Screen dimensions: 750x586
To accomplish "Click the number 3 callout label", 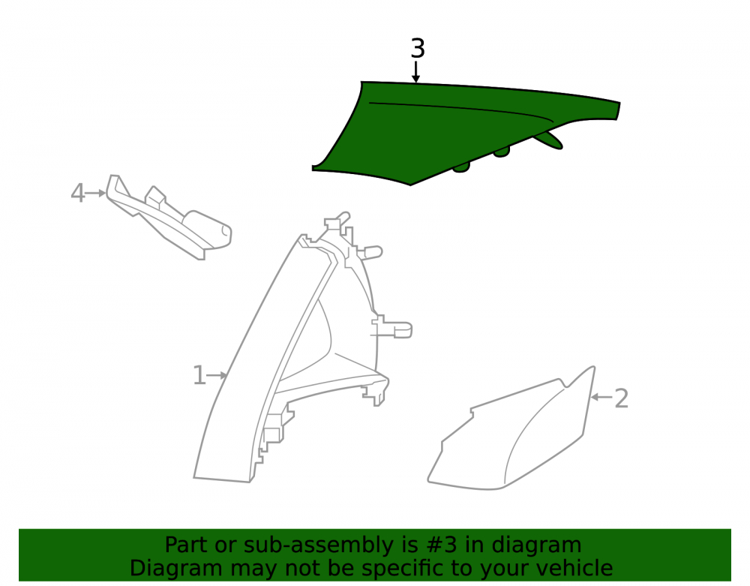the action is click(x=418, y=49).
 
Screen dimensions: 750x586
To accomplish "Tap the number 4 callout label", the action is click(x=77, y=194).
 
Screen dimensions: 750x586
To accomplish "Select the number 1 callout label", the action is click(x=199, y=375).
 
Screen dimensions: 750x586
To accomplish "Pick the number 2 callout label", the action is click(x=621, y=398).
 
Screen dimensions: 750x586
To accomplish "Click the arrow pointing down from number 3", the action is click(x=416, y=72).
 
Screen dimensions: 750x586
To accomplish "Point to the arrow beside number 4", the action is click(x=96, y=194).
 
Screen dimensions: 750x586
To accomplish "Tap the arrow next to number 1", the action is click(x=217, y=375).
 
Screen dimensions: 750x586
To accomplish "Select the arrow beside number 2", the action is click(x=601, y=397).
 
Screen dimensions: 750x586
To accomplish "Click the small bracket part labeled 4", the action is click(x=167, y=218).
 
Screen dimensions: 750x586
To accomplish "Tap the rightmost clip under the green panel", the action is click(x=549, y=140).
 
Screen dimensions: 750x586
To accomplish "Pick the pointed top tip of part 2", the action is click(x=593, y=368).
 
